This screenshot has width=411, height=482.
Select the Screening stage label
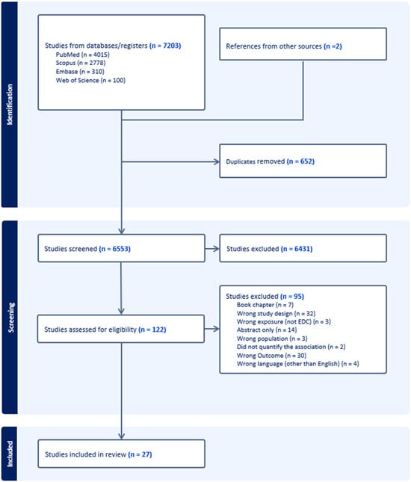tap(10, 317)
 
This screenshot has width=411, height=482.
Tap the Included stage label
tap(10, 453)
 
